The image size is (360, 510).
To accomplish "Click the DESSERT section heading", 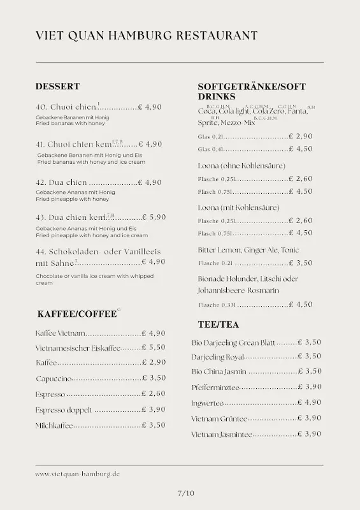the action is click(x=57, y=86).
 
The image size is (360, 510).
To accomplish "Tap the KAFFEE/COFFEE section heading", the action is click(x=77, y=314).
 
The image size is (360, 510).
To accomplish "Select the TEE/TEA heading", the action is click(x=219, y=324).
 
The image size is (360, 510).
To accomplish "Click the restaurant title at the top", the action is click(x=147, y=36).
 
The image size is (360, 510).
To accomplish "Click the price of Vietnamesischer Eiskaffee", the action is click(x=154, y=347).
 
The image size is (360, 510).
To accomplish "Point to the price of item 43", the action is click(x=154, y=217).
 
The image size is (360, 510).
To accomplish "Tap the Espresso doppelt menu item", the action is click(x=64, y=410).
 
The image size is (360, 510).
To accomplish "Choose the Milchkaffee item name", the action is click(x=54, y=425).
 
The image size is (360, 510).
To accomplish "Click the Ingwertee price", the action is click(x=309, y=403).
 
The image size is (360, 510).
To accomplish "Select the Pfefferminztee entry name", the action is click(x=215, y=387).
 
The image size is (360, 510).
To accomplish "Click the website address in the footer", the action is click(x=78, y=474).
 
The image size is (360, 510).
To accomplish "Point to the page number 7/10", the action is click(x=186, y=492).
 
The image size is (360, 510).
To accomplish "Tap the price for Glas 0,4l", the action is click(x=300, y=149).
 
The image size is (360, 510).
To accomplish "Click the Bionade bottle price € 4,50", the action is click(x=300, y=305).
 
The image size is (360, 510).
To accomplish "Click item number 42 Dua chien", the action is click(x=61, y=182).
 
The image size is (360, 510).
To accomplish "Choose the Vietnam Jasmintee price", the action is click(x=309, y=434).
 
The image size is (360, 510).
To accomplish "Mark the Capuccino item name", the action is click(x=54, y=379).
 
